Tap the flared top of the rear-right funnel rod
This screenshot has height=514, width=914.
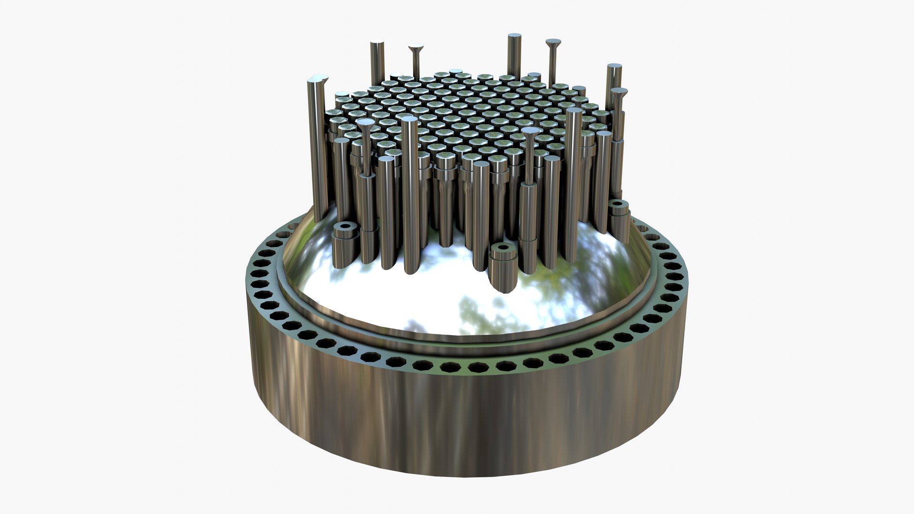click(x=553, y=43)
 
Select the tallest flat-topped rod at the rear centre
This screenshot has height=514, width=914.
click(x=514, y=52)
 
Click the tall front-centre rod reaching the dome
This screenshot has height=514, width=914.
click(x=410, y=190)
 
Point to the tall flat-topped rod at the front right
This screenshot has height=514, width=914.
click(x=574, y=181)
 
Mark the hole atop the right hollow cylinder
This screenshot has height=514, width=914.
click(x=618, y=204)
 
